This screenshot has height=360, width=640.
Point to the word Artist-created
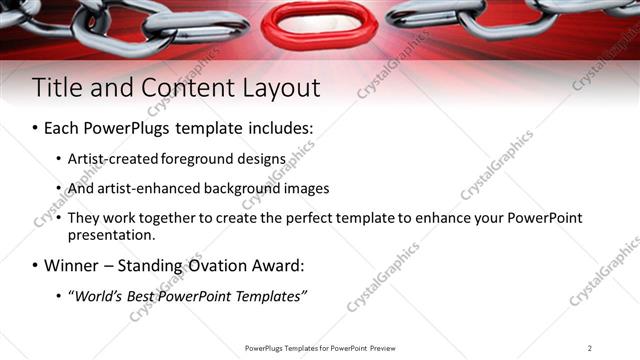click(111, 158)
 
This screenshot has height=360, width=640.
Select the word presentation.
click(110, 236)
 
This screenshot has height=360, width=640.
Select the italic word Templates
click(269, 296)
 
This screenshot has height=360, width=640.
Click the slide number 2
click(590, 348)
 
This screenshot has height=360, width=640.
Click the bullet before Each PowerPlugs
click(36, 129)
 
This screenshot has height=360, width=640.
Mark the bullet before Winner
click(36, 266)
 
